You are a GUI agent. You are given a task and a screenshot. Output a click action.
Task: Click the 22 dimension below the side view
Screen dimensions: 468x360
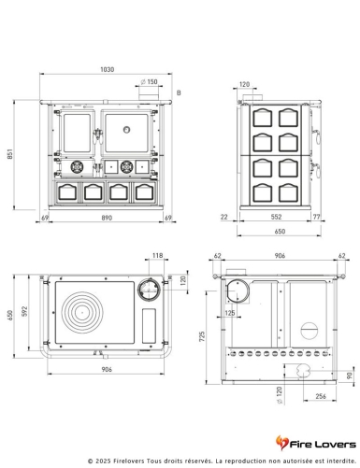pos(225,218)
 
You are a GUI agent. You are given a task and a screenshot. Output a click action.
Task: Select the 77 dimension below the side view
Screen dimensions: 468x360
pos(318,218)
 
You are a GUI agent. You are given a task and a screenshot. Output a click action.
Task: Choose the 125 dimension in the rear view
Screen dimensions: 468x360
pos(230,314)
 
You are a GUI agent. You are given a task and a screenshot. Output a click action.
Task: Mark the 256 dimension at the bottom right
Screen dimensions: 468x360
pos(321,397)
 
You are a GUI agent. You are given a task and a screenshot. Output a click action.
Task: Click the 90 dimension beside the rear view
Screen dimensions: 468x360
pos(350,376)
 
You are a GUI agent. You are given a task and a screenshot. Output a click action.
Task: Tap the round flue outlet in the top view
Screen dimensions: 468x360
pos(148,289)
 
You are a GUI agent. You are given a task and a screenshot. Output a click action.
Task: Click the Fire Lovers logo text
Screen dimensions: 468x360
pos(323,440)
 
